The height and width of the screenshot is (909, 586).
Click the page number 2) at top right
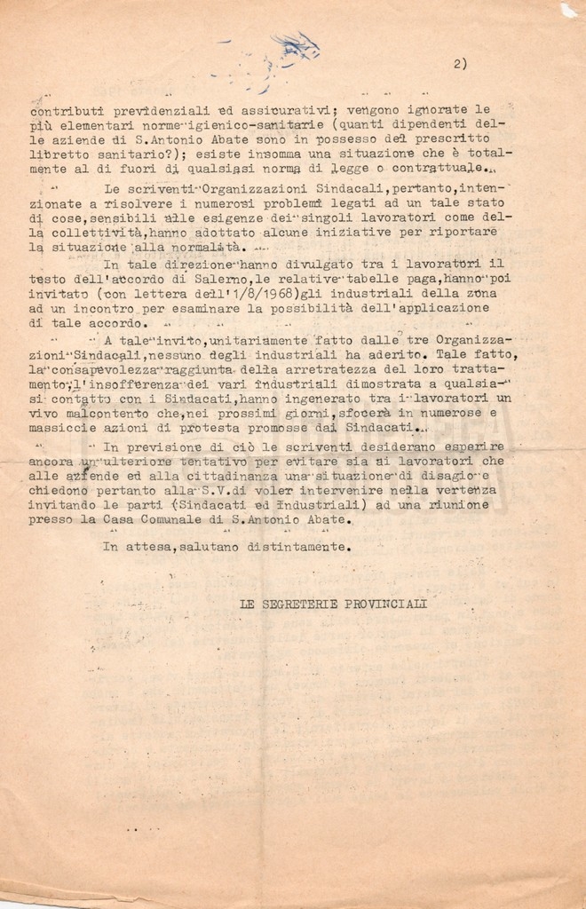click(459, 63)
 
